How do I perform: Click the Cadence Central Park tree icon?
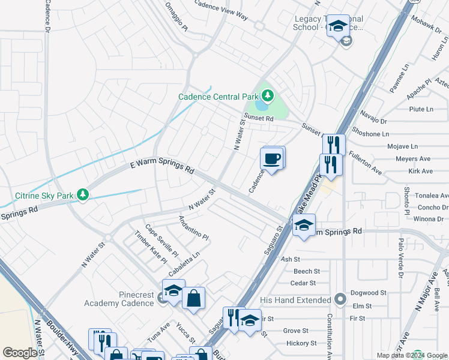coord(267,95)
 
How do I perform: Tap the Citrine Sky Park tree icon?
coord(83,194)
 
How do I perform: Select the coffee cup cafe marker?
coord(271,159)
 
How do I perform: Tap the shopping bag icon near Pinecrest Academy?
coord(194,298)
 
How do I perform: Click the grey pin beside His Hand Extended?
coord(340,299)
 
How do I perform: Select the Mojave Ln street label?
coord(403,146)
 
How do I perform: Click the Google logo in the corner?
coord(20,353)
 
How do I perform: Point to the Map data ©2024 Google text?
coord(411,355)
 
